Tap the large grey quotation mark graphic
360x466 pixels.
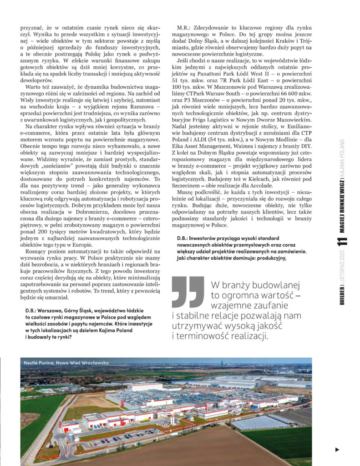pos(188,291)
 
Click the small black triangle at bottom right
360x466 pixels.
pos(337,450)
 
